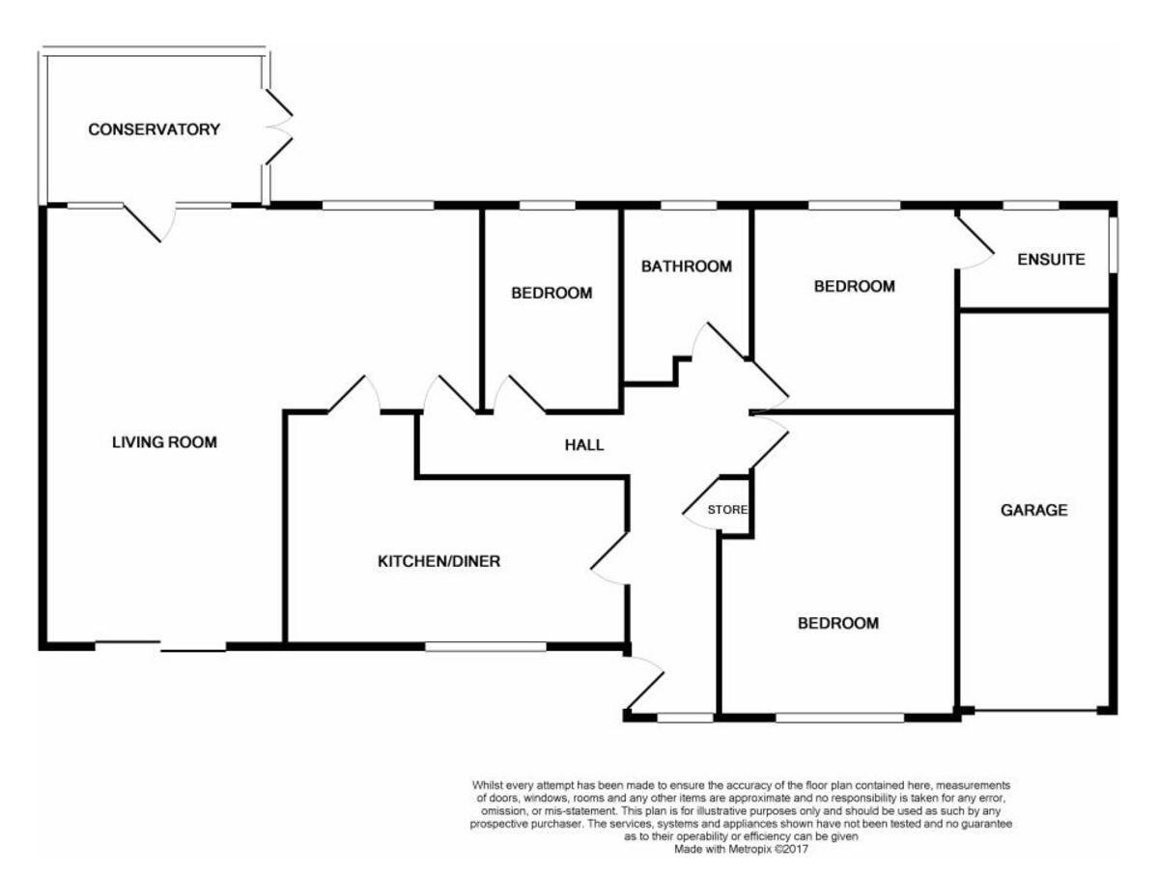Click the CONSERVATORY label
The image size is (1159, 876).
[x=155, y=129]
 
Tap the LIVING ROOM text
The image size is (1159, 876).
[x=164, y=443]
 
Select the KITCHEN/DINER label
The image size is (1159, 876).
[x=438, y=561]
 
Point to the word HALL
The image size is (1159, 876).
[x=584, y=445]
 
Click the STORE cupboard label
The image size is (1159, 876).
[x=727, y=509]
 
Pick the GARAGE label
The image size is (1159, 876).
[x=1034, y=510]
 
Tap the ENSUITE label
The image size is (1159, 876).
[x=1052, y=260]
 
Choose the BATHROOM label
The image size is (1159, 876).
[x=687, y=267]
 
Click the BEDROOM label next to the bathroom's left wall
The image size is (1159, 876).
[x=551, y=293]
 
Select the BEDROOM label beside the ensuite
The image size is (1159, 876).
[x=854, y=286]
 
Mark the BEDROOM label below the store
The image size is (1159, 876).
[x=837, y=623]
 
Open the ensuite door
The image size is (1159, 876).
[x=975, y=241]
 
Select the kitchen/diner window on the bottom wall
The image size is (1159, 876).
[x=485, y=646]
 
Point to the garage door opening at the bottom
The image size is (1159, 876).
[x=1035, y=712]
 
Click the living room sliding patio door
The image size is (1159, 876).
[x=160, y=647]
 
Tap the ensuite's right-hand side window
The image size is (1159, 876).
[x=1112, y=243]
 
